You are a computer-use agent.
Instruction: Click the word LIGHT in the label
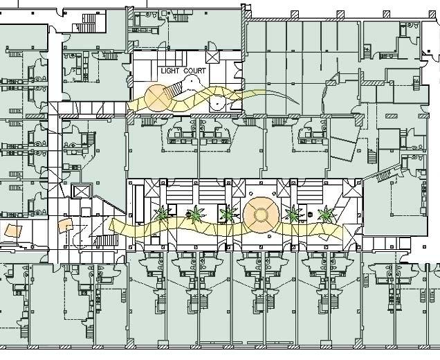click(x=170, y=71)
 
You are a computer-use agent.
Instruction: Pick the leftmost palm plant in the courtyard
click(x=163, y=215)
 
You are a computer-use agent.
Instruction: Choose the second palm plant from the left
click(x=195, y=215)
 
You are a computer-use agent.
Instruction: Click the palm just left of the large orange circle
click(x=226, y=214)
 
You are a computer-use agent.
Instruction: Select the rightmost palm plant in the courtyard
click(x=324, y=214)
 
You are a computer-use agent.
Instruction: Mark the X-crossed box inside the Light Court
click(x=211, y=56)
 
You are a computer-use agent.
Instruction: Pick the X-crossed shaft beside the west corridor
click(x=82, y=192)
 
